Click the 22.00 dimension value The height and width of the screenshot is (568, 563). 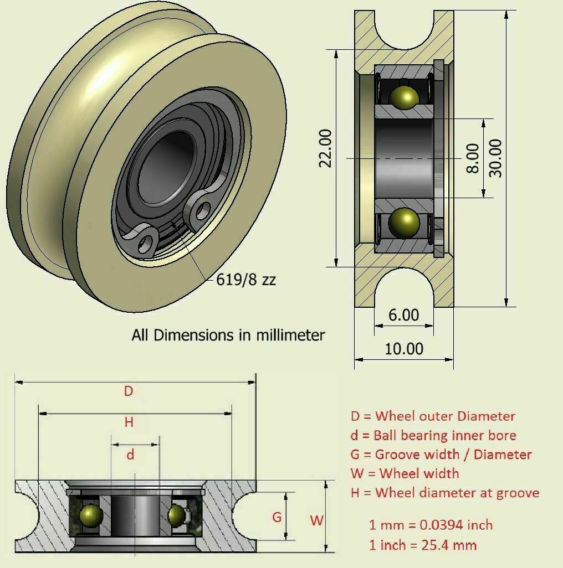(x=325, y=148)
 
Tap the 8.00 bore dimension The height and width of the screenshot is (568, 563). (x=472, y=158)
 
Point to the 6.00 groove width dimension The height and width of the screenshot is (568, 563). (x=403, y=315)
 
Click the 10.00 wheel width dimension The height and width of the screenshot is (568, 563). (x=404, y=349)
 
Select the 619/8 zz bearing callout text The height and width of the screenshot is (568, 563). (x=246, y=280)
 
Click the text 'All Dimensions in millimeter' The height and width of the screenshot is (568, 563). (x=228, y=335)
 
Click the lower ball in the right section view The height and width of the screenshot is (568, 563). (x=403, y=223)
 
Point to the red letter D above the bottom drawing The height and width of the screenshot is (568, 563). (x=129, y=391)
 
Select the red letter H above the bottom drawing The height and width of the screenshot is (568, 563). (x=129, y=422)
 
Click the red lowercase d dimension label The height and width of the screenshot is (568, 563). (x=131, y=455)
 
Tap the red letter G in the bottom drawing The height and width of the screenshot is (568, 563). (x=277, y=518)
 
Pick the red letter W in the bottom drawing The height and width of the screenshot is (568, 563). (x=316, y=520)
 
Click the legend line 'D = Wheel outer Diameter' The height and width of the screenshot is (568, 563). (x=432, y=416)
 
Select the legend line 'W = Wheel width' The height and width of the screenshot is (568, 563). (x=405, y=473)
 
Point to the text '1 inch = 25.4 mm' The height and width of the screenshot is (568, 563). (x=423, y=545)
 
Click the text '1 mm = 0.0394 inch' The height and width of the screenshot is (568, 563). (x=431, y=525)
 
